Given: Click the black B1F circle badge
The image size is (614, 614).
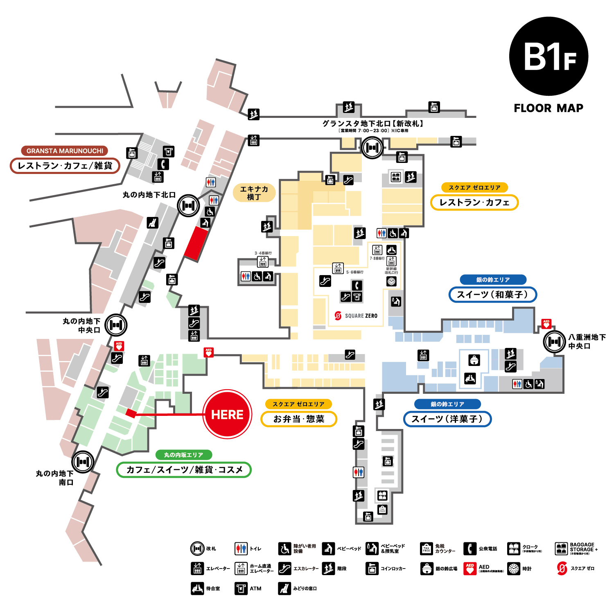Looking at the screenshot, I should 549,56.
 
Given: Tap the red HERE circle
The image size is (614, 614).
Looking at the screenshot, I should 227,414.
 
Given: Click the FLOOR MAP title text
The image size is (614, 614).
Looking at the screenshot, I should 549,108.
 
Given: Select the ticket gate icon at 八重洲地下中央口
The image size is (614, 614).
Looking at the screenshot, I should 554,341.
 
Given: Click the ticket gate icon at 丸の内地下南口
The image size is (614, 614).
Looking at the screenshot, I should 83,462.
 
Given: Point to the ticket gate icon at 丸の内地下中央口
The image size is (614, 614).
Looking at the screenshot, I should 116,325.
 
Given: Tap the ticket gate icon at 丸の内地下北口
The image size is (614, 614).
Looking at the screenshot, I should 188,205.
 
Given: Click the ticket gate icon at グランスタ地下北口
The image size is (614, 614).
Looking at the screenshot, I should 372,147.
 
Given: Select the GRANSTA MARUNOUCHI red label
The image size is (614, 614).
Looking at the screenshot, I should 65,151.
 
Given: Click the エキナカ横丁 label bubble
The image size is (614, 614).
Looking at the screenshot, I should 254,193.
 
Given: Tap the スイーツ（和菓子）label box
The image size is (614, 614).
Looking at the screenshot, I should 492,295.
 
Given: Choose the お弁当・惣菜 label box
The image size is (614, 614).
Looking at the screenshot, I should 299,419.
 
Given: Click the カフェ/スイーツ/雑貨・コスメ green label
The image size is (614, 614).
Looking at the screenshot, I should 184,470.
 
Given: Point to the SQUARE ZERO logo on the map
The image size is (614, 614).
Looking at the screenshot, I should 356,316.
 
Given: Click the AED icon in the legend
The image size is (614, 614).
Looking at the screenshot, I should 470,569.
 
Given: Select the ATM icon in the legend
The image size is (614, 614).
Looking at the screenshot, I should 241,589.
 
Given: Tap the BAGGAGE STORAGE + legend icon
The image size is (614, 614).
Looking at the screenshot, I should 561,549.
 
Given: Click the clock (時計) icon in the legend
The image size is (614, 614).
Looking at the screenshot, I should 514,569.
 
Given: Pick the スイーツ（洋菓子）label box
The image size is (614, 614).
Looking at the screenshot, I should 447,419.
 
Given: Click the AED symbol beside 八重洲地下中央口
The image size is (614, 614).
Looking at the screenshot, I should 546,324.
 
